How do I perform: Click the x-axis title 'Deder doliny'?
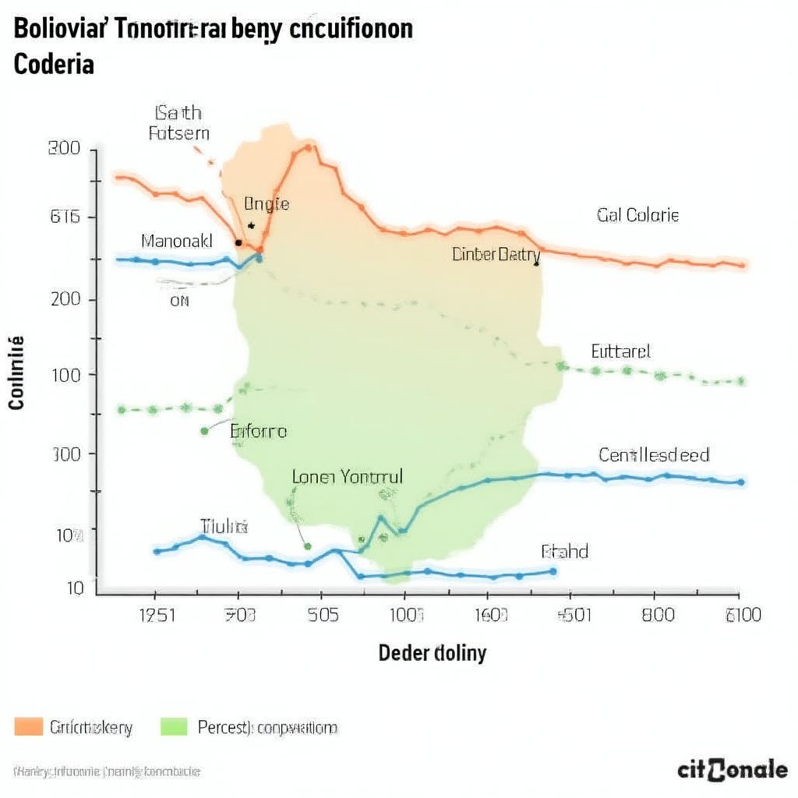click(x=432, y=652)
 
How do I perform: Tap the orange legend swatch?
click(x=28, y=727)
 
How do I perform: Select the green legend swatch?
click(x=174, y=727)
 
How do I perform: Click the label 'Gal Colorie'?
click(x=637, y=214)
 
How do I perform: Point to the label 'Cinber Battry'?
click(x=496, y=254)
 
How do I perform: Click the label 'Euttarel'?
click(x=620, y=351)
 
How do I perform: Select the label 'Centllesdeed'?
click(x=654, y=454)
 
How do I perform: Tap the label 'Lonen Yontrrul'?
click(x=348, y=477)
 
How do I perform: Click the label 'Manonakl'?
click(x=177, y=241)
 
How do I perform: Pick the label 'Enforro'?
click(x=259, y=430)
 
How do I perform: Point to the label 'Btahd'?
click(x=564, y=552)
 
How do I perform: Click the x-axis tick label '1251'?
click(x=157, y=615)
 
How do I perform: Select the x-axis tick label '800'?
click(x=657, y=615)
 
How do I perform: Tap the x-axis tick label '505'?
click(x=323, y=615)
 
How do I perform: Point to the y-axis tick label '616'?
click(x=65, y=217)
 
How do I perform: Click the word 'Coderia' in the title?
click(x=54, y=64)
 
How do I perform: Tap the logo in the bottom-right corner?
click(x=732, y=770)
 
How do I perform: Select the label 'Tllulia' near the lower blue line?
click(x=224, y=526)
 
